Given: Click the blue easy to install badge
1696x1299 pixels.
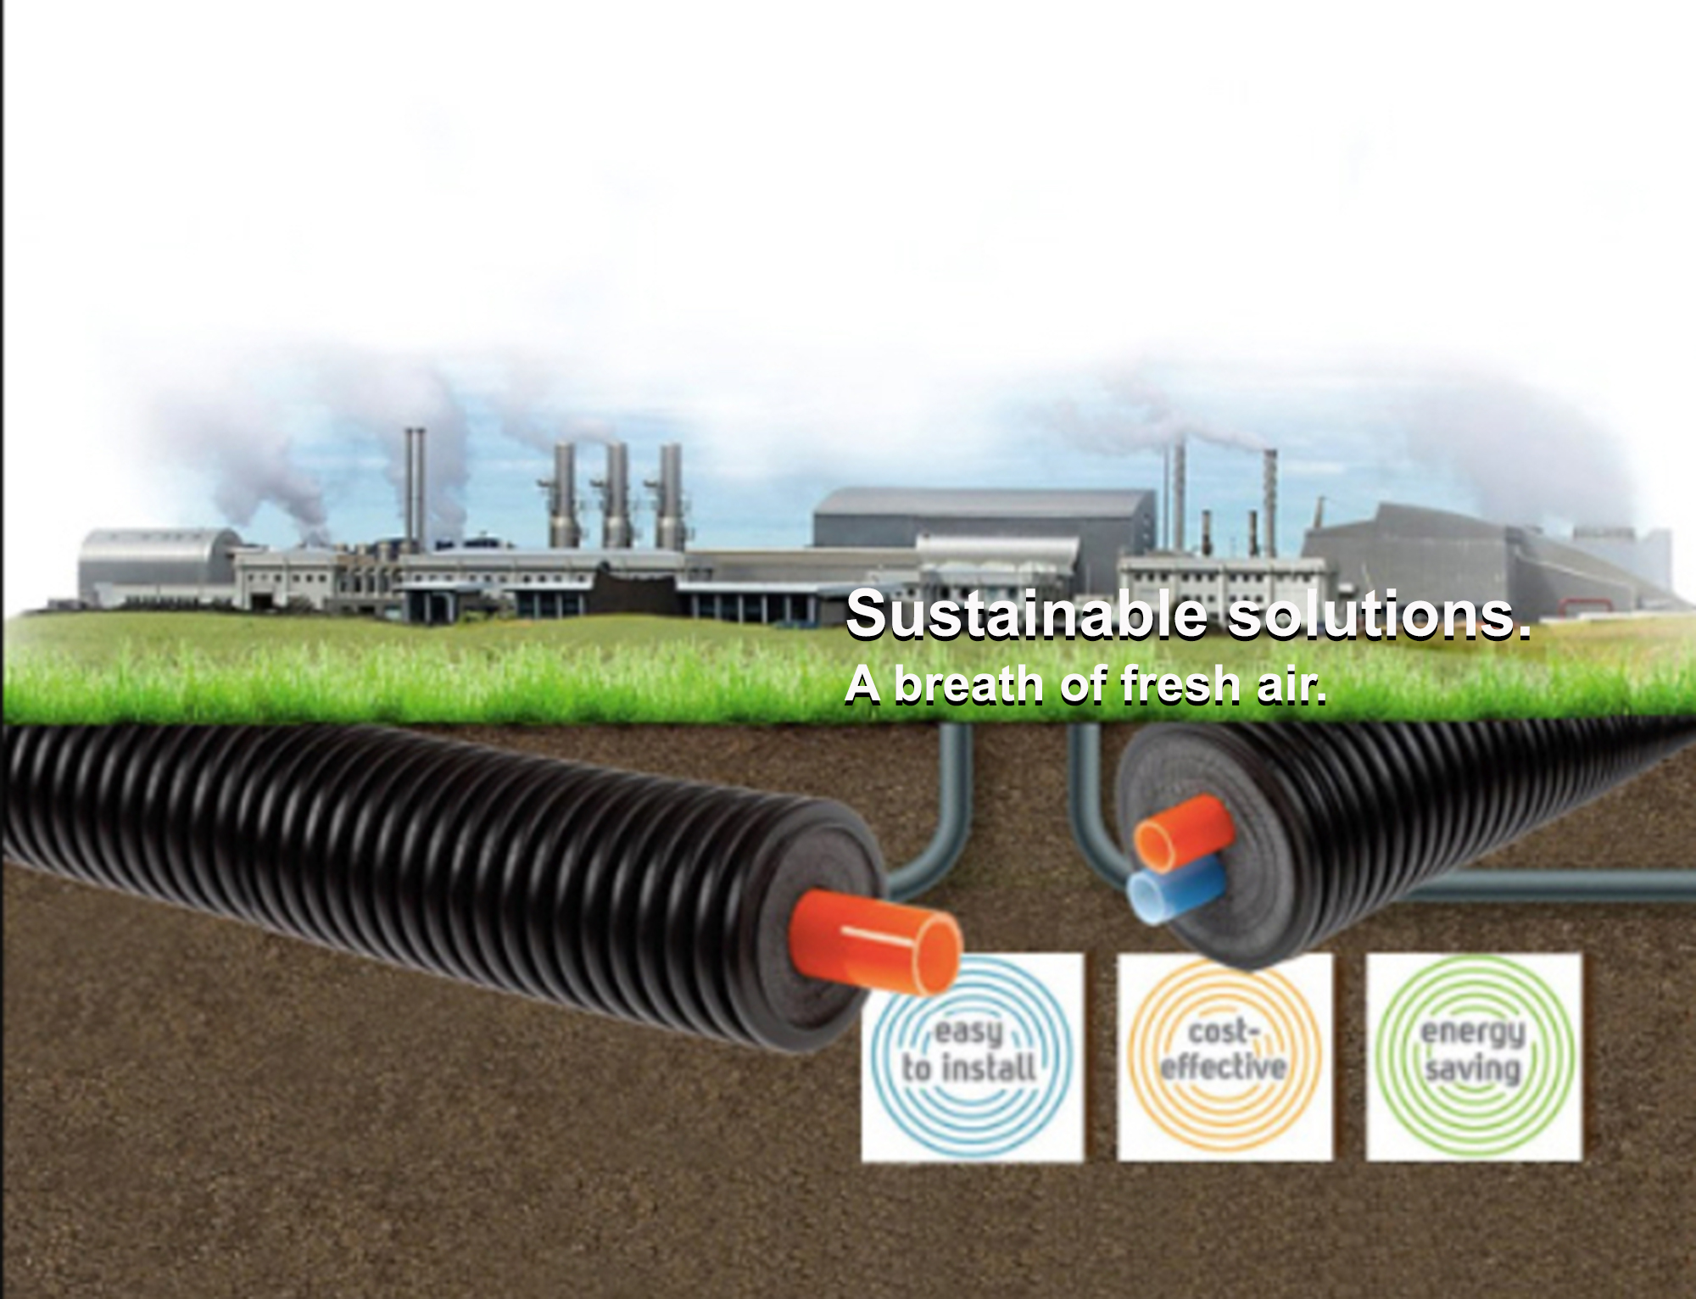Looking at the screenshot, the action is coord(972,1056).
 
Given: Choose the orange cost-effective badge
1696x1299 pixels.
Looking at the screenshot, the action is coord(1225,1056).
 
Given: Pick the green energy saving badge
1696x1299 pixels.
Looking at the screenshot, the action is coord(1474,1056).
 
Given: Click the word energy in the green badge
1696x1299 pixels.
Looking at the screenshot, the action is coord(1473,1032).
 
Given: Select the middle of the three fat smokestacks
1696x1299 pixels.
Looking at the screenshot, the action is coord(616,496).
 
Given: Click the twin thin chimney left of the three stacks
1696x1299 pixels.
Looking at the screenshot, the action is coord(414,488).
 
